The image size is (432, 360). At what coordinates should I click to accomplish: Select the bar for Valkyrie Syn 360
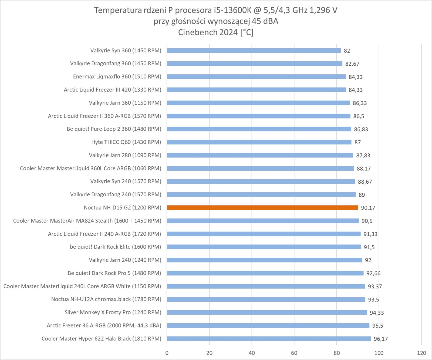point(254,51)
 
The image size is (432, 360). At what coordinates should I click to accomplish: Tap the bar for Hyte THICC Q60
point(259,142)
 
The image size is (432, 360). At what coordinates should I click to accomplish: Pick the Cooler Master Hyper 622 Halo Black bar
point(269,339)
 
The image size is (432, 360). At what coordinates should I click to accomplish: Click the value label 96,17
point(381,339)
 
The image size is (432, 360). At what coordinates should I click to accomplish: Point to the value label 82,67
point(352,64)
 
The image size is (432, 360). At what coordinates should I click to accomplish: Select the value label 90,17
point(368,208)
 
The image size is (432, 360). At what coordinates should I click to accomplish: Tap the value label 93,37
point(375,287)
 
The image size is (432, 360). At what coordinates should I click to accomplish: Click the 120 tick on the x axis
point(421,353)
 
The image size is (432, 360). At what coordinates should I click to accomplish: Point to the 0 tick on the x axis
point(167,353)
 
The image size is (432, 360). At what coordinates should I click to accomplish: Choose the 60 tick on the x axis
point(294,353)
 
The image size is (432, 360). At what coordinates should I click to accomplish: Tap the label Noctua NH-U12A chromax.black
point(106,299)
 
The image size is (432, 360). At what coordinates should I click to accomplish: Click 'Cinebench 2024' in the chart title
point(208,32)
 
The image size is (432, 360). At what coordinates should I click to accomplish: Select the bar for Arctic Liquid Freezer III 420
point(256,90)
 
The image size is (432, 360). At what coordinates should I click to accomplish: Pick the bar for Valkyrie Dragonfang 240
point(261,194)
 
